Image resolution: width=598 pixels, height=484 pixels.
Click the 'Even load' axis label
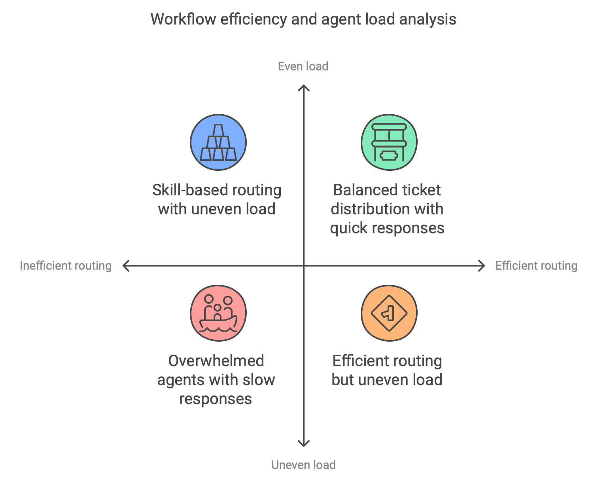pos(303,66)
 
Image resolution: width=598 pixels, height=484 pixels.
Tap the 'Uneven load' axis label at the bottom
pos(303,465)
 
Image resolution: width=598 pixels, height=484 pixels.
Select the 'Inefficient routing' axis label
pos(66,266)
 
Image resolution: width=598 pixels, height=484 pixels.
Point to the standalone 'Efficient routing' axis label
pos(536,266)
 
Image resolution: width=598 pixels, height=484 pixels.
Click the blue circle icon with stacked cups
pos(218,142)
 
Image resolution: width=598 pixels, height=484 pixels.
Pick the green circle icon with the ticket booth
pos(389,142)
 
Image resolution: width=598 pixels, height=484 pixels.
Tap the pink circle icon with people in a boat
pos(218,313)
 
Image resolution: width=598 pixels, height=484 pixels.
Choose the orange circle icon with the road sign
pos(389,313)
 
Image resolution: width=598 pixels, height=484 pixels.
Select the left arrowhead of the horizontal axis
pos(125,266)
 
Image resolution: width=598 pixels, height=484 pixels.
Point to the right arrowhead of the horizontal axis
pos(482,266)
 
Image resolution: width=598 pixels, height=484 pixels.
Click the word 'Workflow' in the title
pos(183,19)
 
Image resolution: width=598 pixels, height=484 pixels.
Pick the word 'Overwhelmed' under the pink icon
pos(216,361)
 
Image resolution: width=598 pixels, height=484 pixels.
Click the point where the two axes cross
pos(303,266)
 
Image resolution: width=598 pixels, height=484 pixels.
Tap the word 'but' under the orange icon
pos(343,380)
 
